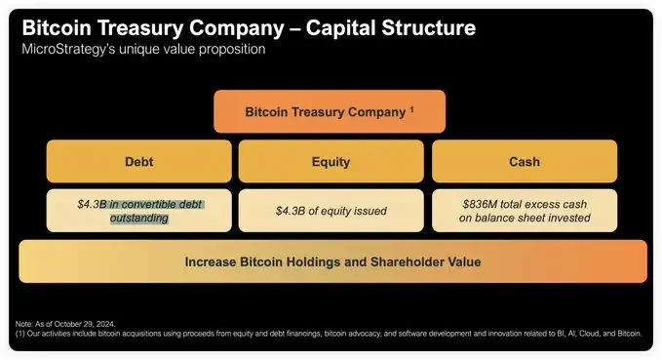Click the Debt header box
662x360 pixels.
coord(138,162)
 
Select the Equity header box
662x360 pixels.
coord(331,162)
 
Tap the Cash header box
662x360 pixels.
coord(525,162)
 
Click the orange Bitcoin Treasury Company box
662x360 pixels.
coord(330,111)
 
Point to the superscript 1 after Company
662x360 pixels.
coord(410,108)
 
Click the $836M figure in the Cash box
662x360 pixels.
coord(480,204)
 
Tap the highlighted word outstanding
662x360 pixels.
coord(138,219)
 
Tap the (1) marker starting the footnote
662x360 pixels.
coord(20,333)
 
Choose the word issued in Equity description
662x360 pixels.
coord(368,211)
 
